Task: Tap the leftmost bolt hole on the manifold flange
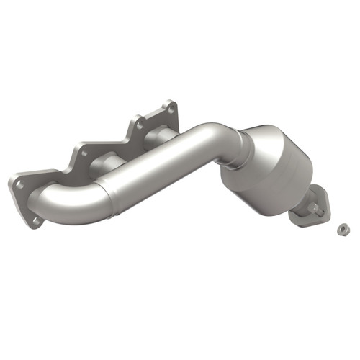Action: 19,184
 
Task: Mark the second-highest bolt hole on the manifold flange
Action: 137,123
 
